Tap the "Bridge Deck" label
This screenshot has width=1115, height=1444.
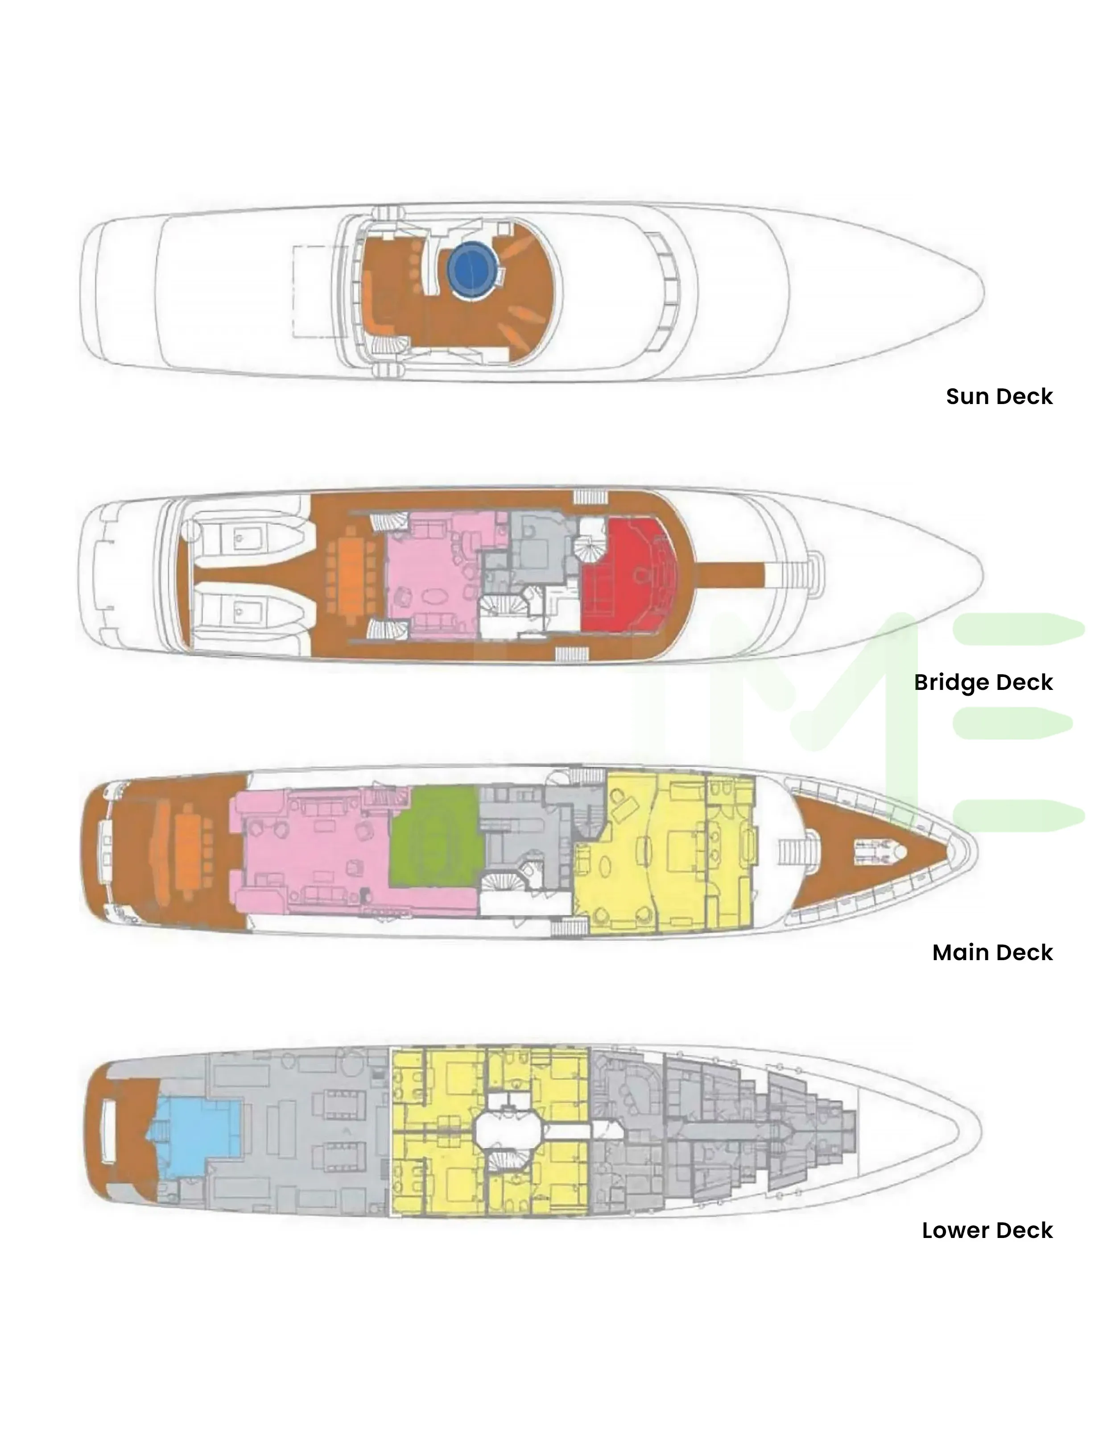click(983, 682)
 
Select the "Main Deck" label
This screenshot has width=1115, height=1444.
click(992, 952)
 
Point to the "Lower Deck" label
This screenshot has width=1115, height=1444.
click(987, 1230)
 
